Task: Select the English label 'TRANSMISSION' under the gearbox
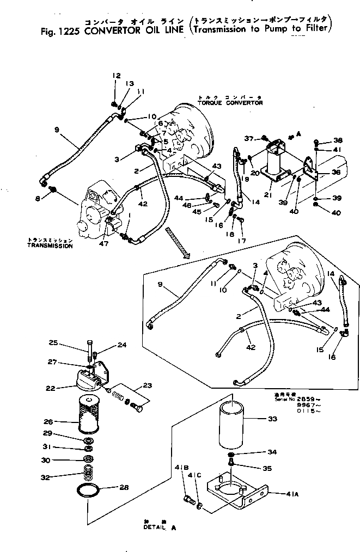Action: click(x=49, y=246)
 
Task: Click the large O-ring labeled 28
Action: click(x=88, y=492)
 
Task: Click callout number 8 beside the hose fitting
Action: click(x=38, y=199)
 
